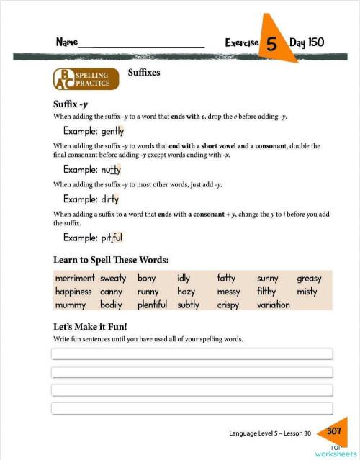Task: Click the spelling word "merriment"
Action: [x=75, y=279]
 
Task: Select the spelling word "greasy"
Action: [x=309, y=279]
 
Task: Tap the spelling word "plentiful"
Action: [x=152, y=305]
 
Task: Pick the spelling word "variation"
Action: [x=273, y=305]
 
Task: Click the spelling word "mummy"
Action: [x=71, y=305]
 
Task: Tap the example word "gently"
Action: [x=112, y=132]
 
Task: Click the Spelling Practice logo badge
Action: [x=84, y=78]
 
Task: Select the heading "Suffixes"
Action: [x=144, y=73]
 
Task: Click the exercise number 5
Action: [x=271, y=44]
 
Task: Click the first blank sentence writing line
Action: [x=192, y=353]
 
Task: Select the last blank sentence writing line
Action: [x=192, y=408]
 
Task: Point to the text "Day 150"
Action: [x=307, y=42]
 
